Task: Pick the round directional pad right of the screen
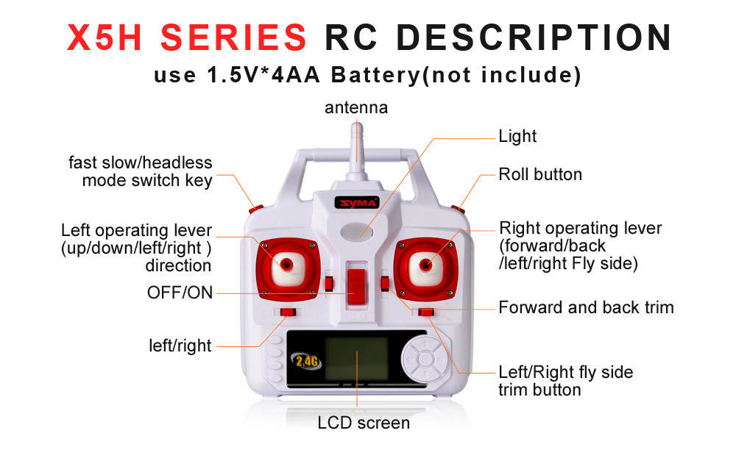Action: click(425, 360)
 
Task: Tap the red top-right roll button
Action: click(458, 209)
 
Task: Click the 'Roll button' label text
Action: click(540, 174)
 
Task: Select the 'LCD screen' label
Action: click(364, 423)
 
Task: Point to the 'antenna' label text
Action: click(356, 107)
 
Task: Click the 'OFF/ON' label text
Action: click(180, 293)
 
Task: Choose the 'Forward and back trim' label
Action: click(586, 307)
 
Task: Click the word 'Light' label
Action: click(517, 136)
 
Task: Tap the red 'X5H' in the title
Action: click(111, 37)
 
